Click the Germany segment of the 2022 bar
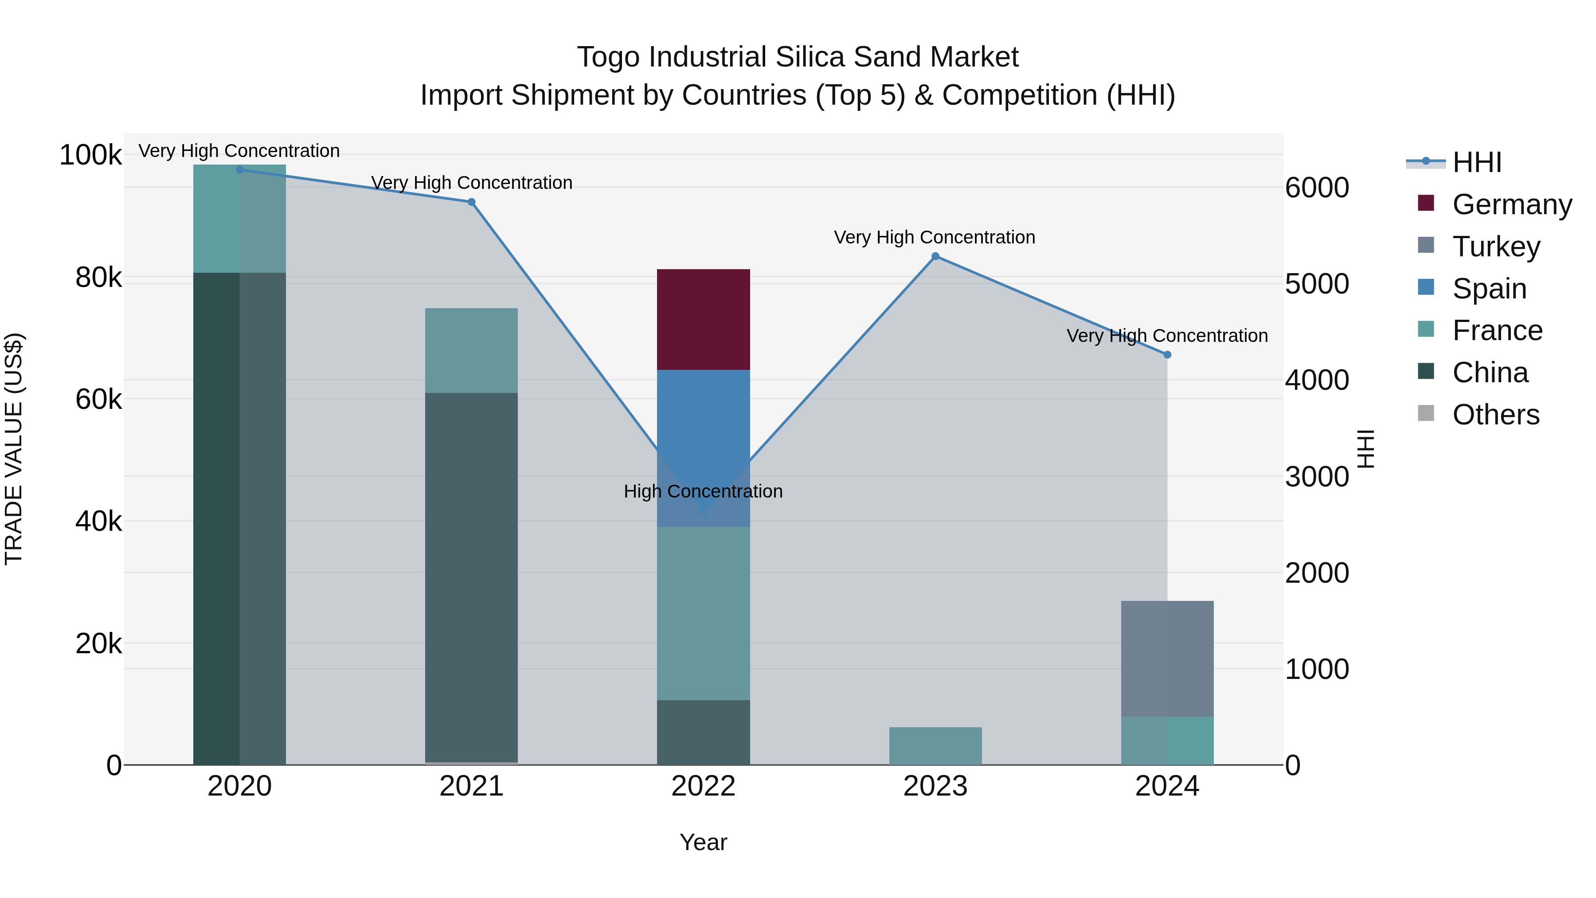(x=703, y=319)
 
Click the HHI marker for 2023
(x=935, y=256)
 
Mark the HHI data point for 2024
(x=1167, y=354)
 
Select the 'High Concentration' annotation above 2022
(x=703, y=491)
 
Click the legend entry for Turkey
(x=1496, y=246)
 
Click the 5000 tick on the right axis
(x=1317, y=284)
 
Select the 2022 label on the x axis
(x=703, y=786)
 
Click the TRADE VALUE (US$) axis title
(x=14, y=449)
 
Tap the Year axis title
(x=703, y=842)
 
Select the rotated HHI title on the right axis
(x=1365, y=449)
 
